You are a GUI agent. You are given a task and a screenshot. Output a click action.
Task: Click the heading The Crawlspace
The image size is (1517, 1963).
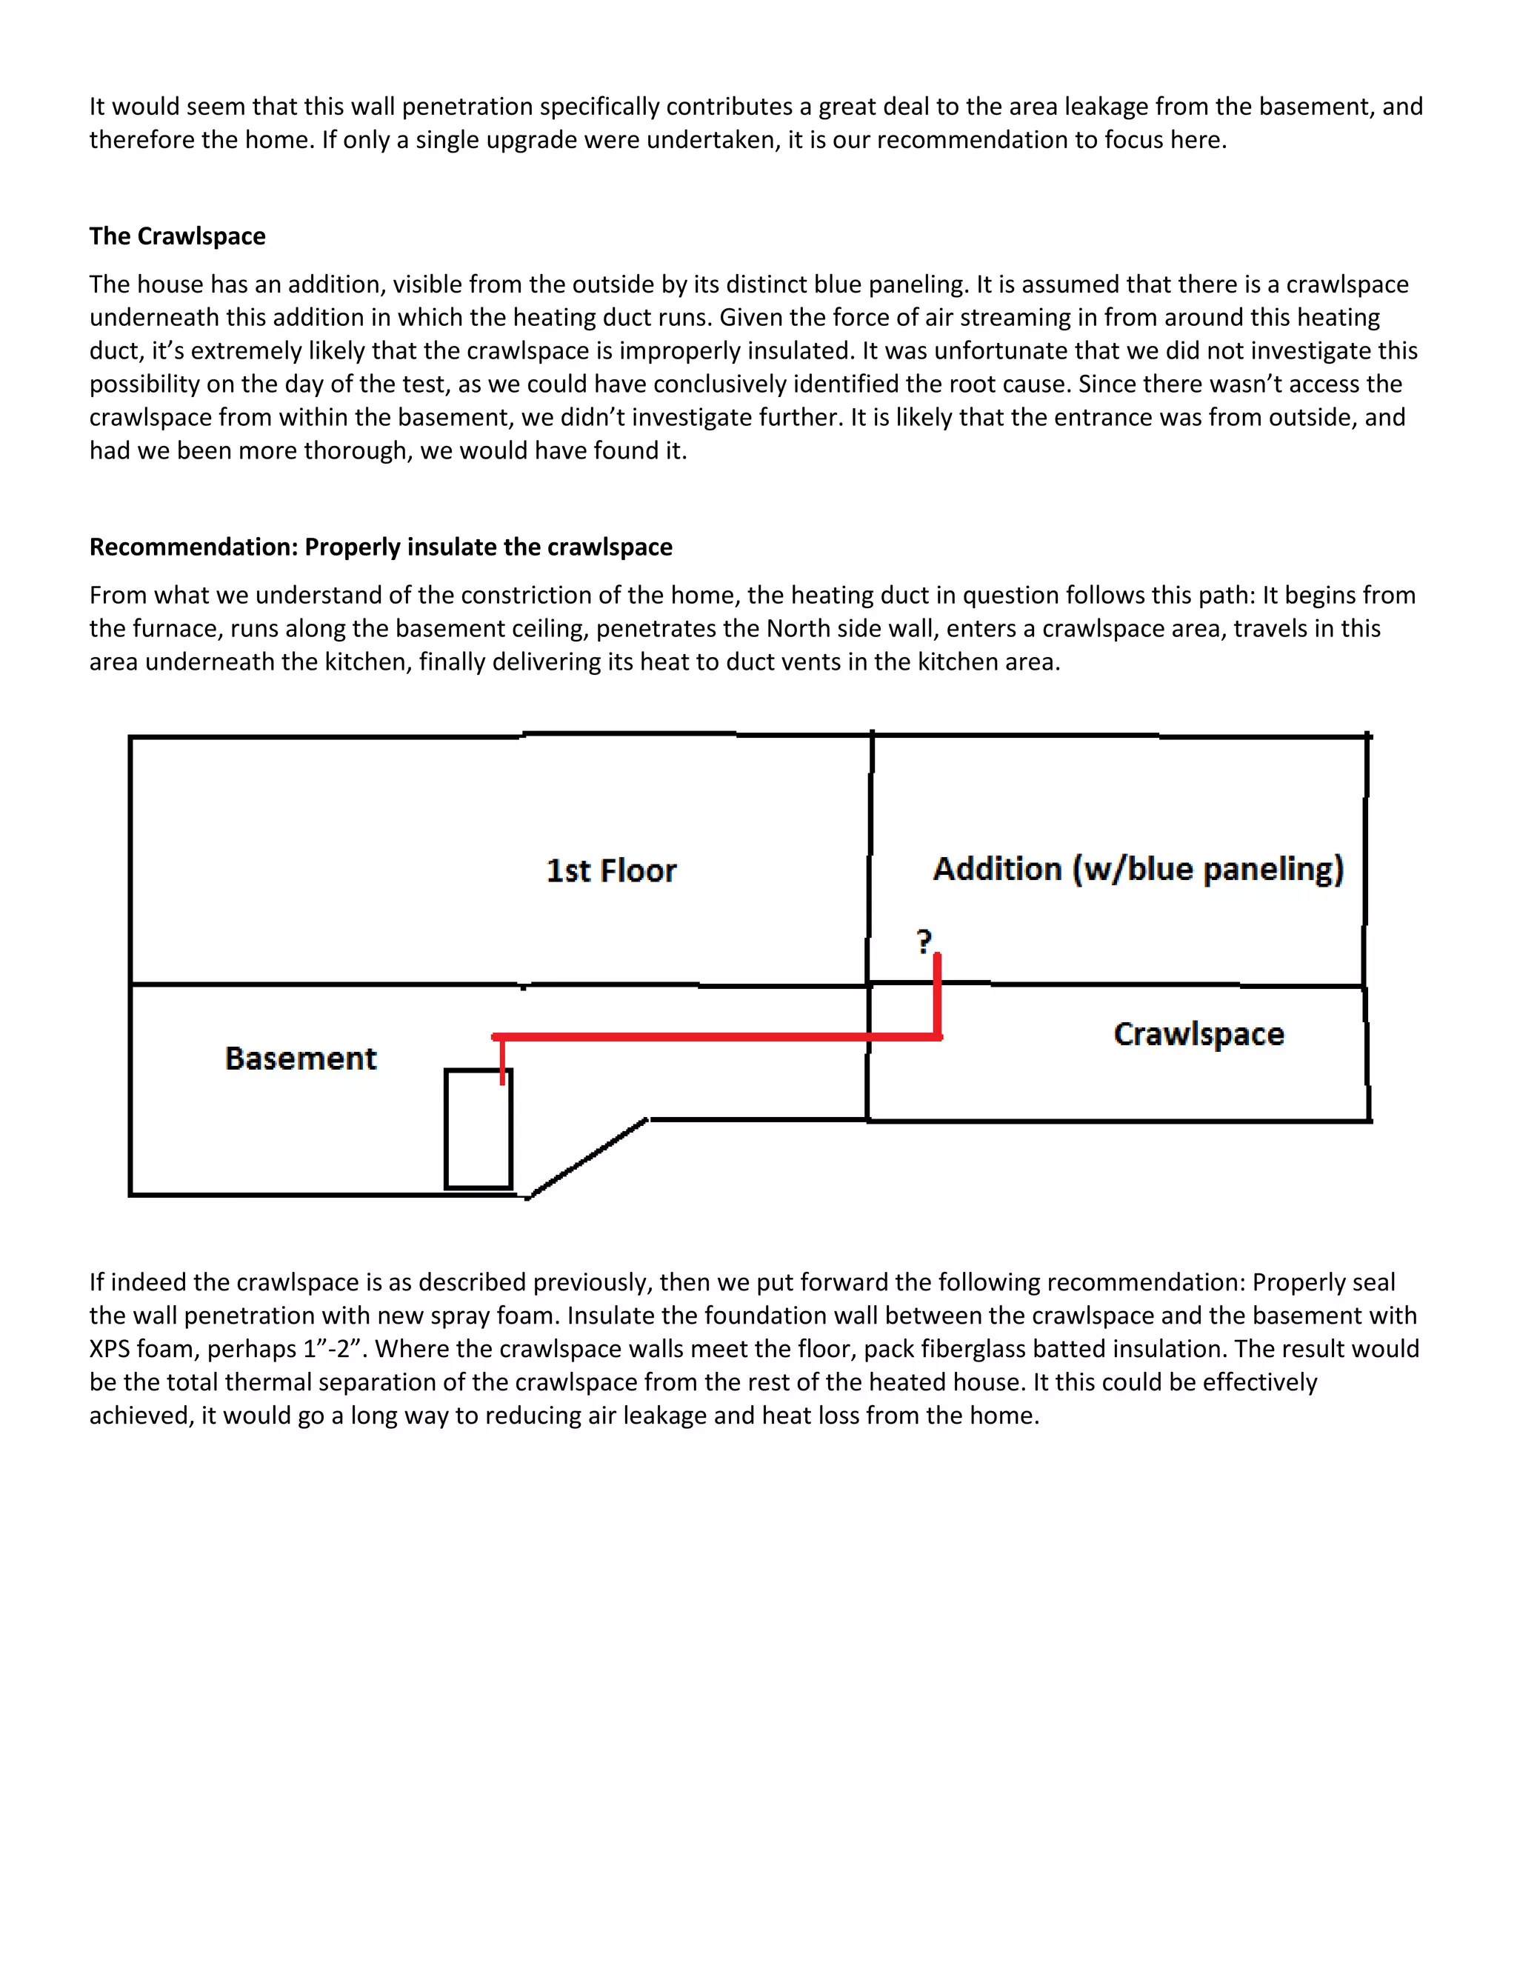click(177, 236)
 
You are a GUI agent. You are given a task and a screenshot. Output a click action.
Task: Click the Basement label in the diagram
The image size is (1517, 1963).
click(300, 1058)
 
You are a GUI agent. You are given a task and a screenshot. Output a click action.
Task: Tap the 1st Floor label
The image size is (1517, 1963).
click(611, 870)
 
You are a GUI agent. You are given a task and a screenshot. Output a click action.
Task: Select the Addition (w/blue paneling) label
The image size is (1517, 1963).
click(1138, 868)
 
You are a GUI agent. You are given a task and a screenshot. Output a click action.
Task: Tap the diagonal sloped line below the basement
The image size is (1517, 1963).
click(586, 1159)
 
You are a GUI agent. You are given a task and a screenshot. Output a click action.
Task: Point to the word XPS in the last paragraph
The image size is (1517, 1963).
click(110, 1348)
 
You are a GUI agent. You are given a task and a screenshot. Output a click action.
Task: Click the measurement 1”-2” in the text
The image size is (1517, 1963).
click(330, 1348)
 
